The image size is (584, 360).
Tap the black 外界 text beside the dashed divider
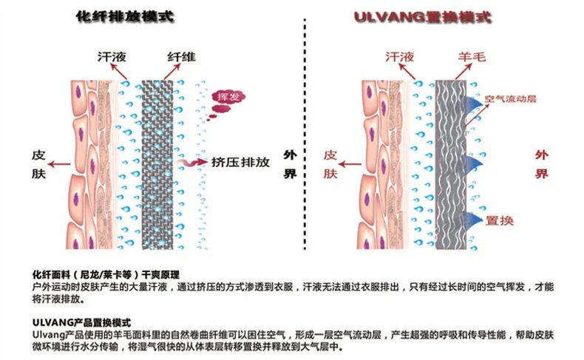[290, 164]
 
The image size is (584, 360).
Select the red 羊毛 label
[466, 57]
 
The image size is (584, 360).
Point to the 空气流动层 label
[508, 98]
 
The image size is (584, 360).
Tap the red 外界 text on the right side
[542, 164]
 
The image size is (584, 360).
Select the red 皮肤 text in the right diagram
[330, 164]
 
